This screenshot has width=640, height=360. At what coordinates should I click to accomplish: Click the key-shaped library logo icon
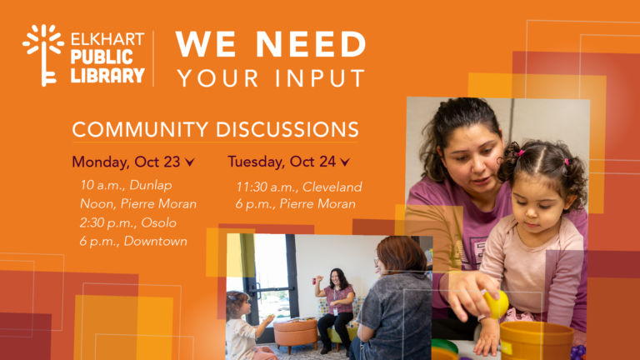point(42,55)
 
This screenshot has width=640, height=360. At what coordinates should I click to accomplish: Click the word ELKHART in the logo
point(107,40)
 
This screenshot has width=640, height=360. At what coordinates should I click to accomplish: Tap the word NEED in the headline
point(311,43)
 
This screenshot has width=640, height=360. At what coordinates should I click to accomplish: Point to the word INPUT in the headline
point(320,78)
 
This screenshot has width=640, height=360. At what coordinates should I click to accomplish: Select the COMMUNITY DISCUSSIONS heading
point(215,129)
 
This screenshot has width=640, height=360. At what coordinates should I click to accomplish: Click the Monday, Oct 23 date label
point(126,162)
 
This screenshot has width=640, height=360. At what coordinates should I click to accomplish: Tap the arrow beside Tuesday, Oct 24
point(345,162)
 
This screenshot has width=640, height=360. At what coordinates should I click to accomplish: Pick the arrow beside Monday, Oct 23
point(189,162)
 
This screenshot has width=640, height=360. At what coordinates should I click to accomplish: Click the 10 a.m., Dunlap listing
point(126,185)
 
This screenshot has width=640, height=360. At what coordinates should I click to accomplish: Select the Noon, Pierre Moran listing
point(138,203)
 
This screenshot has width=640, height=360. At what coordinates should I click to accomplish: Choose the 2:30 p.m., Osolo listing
point(127,222)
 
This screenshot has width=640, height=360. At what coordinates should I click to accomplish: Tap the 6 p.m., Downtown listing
point(133,241)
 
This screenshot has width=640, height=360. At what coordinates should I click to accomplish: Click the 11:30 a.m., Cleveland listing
point(299,187)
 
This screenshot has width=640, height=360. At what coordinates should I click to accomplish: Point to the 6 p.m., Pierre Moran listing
point(295,203)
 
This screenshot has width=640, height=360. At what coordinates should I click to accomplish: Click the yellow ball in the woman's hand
point(497,304)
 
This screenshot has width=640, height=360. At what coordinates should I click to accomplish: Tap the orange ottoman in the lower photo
point(296,332)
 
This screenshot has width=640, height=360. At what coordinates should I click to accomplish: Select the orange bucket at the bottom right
point(537,341)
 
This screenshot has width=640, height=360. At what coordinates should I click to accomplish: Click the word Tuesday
point(257,162)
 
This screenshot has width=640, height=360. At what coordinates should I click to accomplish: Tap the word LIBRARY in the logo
point(107,76)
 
